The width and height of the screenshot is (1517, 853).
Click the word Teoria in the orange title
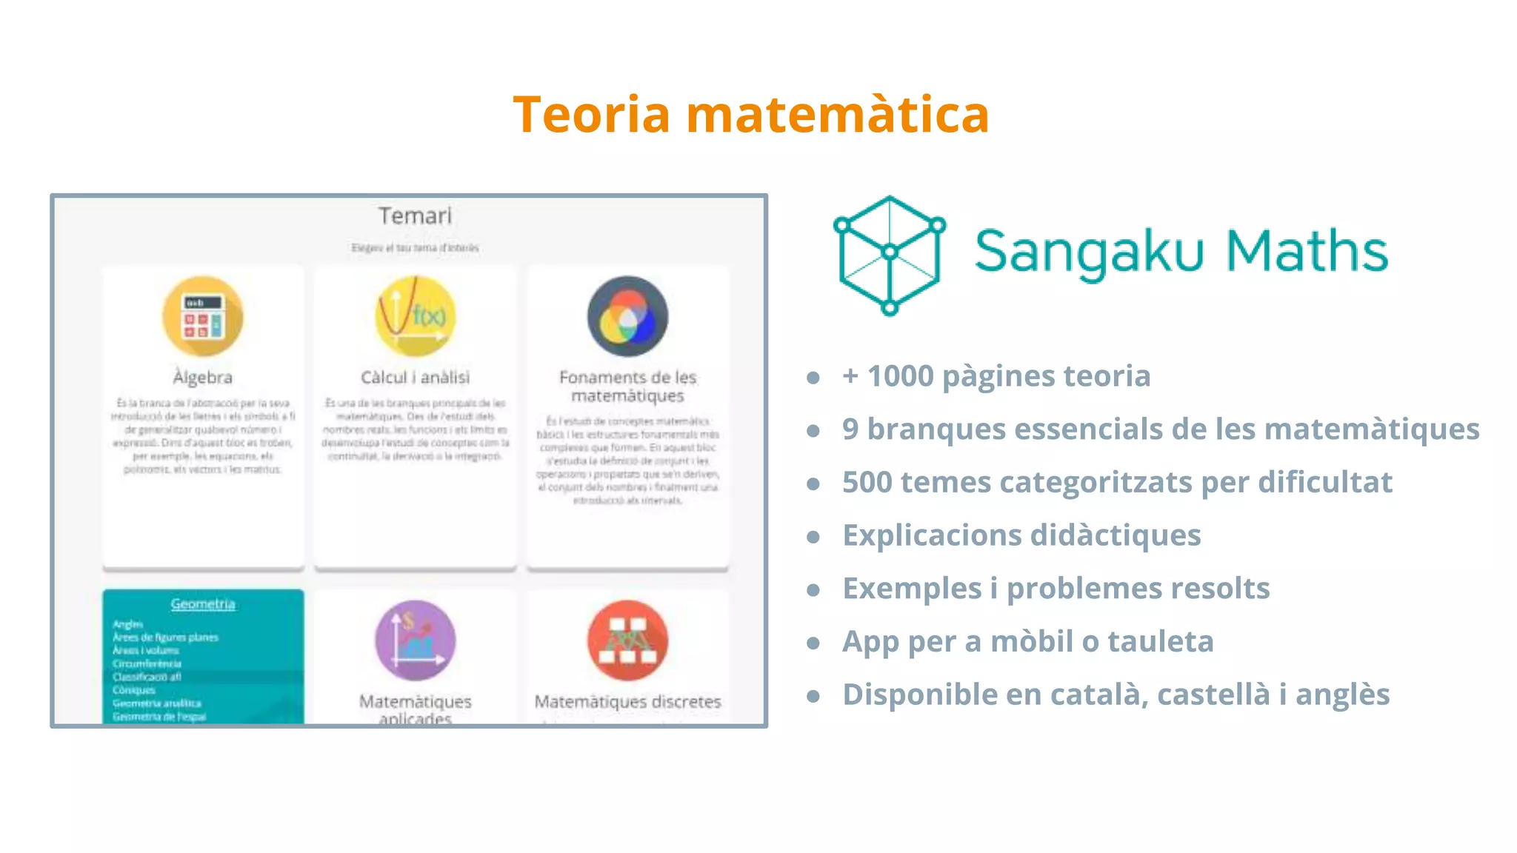click(x=591, y=116)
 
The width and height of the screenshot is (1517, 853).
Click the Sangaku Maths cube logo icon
click(x=890, y=254)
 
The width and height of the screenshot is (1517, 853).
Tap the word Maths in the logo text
click(x=1307, y=251)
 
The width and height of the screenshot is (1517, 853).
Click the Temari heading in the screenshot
click(x=415, y=216)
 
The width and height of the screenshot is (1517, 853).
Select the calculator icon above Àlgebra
click(x=203, y=317)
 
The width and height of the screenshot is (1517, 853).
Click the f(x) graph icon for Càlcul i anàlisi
click(x=415, y=317)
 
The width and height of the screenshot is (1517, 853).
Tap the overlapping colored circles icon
click(x=627, y=317)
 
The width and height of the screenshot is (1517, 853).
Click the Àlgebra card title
click(x=203, y=378)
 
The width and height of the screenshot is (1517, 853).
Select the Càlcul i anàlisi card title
click(x=415, y=378)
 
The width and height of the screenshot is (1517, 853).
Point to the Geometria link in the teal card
click(x=203, y=604)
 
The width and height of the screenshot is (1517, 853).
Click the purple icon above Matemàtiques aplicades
click(x=415, y=640)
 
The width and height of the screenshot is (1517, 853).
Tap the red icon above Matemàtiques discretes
click(x=627, y=640)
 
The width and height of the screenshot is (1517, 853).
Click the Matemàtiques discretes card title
click(x=627, y=701)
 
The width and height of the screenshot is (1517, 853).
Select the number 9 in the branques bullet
click(x=850, y=429)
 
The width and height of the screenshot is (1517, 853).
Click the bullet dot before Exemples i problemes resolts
click(x=813, y=590)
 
